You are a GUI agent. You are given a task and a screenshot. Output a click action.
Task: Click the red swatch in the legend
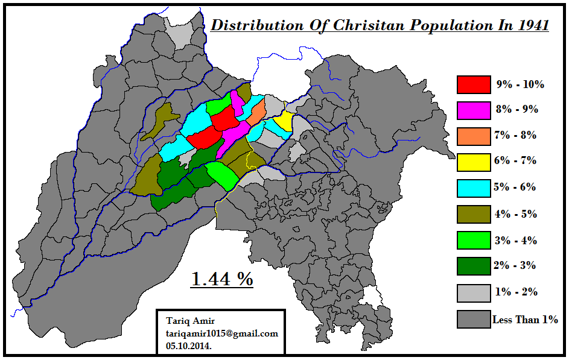point(473,84)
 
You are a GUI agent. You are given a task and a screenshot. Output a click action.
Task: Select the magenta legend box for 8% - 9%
point(473,110)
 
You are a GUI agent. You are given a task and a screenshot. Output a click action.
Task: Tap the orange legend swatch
point(473,136)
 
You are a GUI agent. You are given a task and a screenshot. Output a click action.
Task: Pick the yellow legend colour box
point(473,162)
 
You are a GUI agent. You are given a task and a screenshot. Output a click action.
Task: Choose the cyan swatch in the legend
point(473,188)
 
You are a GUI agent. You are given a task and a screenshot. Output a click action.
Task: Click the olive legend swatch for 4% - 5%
point(473,214)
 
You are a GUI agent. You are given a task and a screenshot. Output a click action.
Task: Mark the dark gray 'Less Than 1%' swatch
point(473,319)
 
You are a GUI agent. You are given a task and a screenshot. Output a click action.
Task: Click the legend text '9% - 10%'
point(520,84)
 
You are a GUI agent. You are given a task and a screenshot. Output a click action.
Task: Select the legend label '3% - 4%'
point(515,241)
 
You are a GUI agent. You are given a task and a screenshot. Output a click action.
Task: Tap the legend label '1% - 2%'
point(515,292)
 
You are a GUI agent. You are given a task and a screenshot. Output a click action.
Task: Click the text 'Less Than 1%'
point(525,320)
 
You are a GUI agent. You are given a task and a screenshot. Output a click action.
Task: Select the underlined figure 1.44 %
point(222,279)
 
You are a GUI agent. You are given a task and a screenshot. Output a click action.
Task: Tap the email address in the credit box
point(221,333)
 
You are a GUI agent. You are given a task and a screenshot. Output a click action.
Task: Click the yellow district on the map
point(282,121)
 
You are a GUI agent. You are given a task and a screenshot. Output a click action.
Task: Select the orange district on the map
point(256,112)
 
